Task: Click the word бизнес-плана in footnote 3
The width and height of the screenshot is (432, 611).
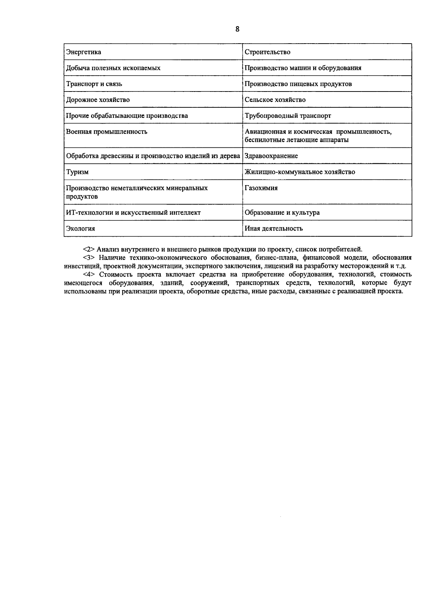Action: coord(280,258)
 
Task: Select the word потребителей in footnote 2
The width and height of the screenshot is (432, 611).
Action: coord(342,249)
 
